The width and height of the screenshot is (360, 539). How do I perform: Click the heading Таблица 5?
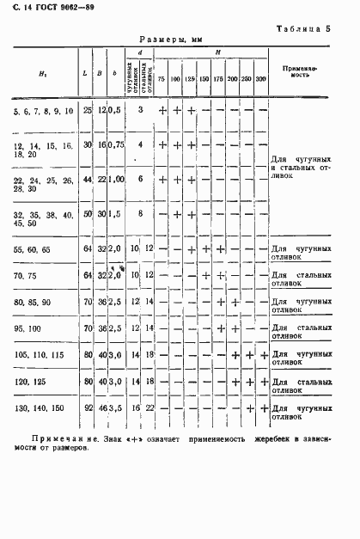pos(303,28)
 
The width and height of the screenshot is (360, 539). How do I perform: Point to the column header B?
pos(101,73)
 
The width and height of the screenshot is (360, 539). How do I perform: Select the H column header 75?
pos(161,79)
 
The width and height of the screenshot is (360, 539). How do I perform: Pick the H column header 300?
pos(260,79)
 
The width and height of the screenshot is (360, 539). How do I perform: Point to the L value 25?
pos(87,111)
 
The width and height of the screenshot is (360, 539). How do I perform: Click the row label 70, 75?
pos(25,275)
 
